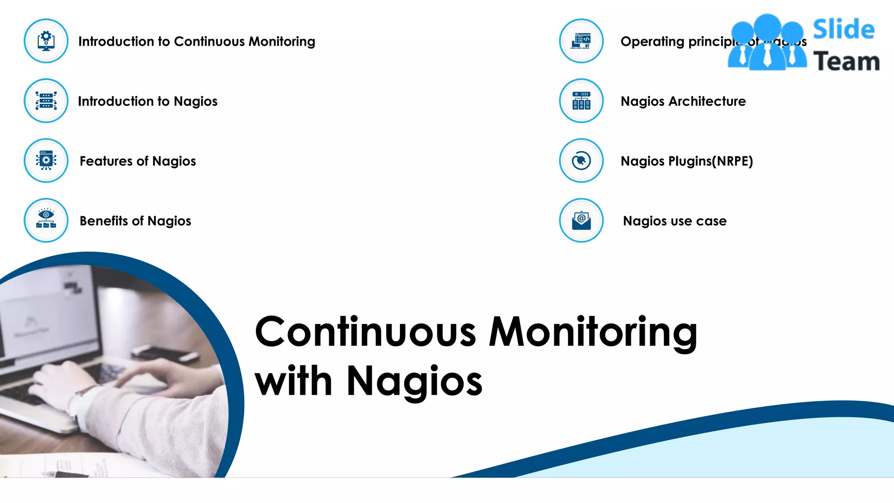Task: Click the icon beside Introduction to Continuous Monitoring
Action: pos(46,41)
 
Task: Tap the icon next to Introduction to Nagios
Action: pos(46,101)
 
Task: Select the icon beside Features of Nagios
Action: pos(46,161)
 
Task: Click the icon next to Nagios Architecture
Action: pos(581,101)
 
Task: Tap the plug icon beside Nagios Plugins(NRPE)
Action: pos(581,161)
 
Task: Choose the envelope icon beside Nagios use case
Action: pos(581,220)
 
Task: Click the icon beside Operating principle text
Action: pos(581,41)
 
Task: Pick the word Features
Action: pos(106,161)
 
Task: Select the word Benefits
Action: pos(103,221)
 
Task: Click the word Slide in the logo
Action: pos(843,30)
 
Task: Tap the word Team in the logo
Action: pos(846,61)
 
